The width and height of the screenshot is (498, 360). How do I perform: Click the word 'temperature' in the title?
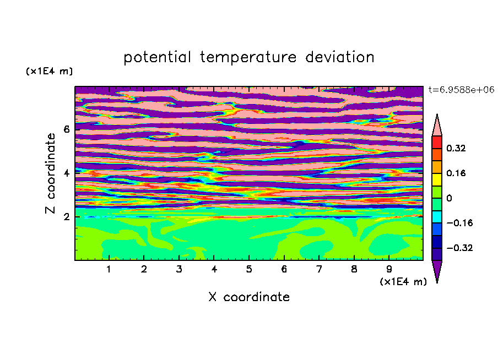coord(248,58)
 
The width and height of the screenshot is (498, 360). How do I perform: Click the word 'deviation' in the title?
coord(339,57)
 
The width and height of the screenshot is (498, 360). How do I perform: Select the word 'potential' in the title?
coord(158,58)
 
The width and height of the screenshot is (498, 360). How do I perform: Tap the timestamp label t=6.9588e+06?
coord(461,90)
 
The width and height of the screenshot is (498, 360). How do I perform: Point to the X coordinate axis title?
coord(249,297)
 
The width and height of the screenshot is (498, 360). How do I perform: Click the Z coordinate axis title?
coord(50,173)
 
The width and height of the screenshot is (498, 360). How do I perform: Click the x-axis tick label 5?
coord(249,269)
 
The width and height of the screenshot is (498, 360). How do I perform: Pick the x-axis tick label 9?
coord(389,269)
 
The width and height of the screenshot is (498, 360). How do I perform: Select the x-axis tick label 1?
coord(109,269)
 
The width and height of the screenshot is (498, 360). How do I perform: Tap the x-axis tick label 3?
coord(179,269)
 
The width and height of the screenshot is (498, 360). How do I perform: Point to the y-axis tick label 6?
coord(66,129)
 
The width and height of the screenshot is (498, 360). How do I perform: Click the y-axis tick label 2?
coord(66,217)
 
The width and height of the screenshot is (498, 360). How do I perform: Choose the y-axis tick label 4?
coord(66,173)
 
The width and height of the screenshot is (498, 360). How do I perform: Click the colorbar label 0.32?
coord(456,148)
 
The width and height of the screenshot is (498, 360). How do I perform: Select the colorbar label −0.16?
coord(459,223)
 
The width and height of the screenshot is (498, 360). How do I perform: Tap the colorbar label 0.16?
coord(456,173)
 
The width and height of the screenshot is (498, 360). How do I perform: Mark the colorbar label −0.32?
coord(459,248)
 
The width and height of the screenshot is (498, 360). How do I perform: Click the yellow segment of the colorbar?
coord(437,179)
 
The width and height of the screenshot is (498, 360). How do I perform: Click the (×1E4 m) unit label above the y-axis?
coord(49,71)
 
